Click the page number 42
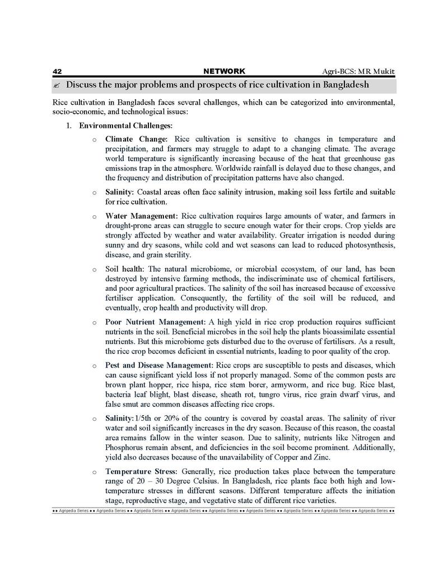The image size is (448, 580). click(57, 71)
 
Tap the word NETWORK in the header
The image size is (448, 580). click(224, 71)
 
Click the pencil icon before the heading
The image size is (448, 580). click(57, 85)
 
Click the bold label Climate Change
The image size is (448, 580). click(136, 139)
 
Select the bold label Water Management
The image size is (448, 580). click(141, 216)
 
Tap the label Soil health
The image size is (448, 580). click(124, 270)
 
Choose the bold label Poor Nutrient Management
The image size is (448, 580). click(155, 322)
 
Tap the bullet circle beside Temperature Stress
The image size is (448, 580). click(94, 472)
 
